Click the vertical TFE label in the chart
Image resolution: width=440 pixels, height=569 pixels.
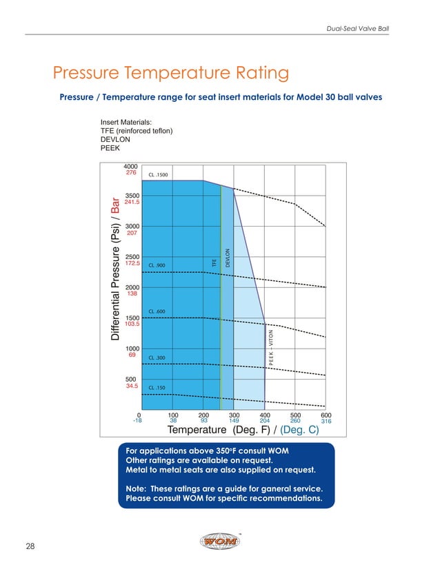click(x=214, y=262)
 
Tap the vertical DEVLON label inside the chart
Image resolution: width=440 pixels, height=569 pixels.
click(x=228, y=258)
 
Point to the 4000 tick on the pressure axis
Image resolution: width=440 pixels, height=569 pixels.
click(x=131, y=167)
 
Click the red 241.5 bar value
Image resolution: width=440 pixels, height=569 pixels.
click(x=132, y=203)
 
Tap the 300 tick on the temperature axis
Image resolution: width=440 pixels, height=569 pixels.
click(x=234, y=415)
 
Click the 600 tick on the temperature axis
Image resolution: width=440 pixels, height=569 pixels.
click(x=326, y=415)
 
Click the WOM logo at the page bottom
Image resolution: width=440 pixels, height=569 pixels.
click(x=219, y=542)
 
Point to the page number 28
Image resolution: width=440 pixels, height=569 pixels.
click(x=31, y=546)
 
